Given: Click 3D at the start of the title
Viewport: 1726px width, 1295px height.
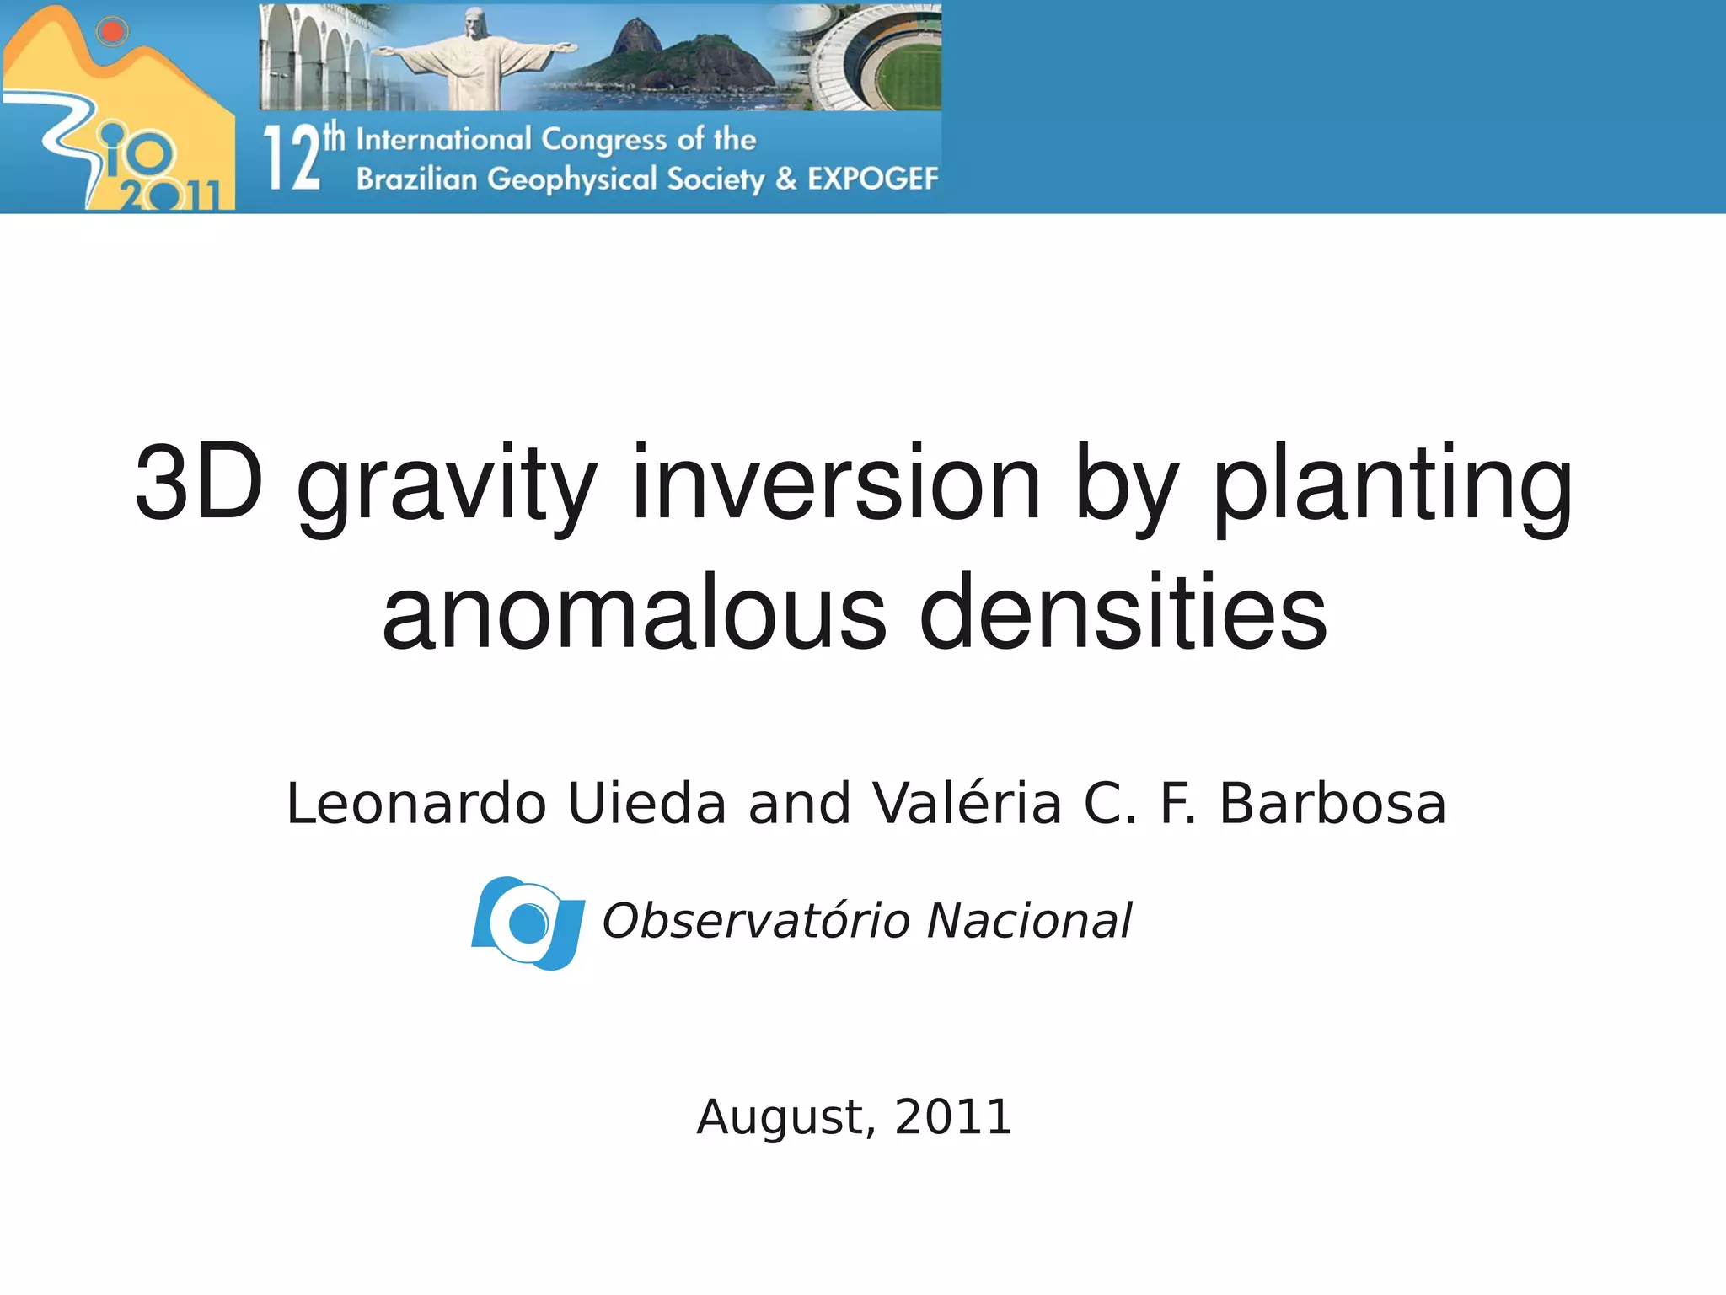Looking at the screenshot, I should pos(199,483).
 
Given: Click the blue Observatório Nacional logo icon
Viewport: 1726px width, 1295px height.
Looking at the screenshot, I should pos(528,923).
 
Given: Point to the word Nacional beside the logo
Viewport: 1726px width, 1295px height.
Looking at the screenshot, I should pos(1029,920).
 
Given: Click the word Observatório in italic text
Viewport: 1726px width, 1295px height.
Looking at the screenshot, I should pos(755,920).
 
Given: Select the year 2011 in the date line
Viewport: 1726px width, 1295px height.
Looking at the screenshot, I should pos(953,1117).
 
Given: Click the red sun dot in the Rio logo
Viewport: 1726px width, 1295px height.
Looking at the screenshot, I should pos(112,32).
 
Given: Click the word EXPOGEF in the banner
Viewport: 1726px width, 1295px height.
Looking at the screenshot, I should pos(872,179).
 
